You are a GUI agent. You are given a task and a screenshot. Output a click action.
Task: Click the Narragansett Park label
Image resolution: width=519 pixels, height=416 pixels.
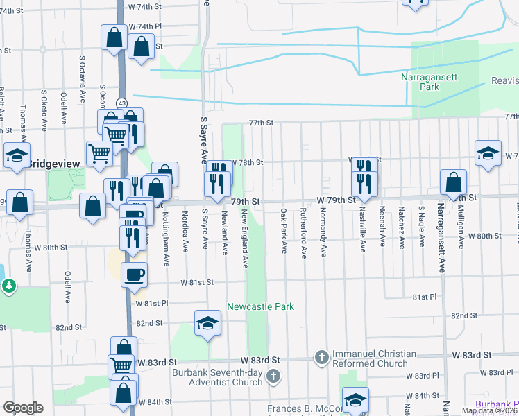[429, 83]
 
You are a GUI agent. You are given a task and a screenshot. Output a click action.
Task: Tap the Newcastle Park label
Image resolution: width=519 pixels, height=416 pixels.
[261, 306]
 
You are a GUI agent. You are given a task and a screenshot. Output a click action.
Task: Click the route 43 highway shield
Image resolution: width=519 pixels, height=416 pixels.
[122, 103]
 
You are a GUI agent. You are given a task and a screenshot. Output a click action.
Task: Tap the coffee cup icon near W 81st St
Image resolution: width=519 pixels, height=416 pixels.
[135, 274]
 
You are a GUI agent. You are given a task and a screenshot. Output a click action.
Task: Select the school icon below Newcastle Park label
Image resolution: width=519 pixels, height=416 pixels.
[207, 324]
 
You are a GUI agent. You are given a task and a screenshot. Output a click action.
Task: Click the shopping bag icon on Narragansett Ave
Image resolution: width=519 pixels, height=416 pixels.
[453, 183]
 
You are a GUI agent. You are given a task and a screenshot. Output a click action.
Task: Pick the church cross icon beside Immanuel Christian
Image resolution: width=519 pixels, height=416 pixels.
[321, 357]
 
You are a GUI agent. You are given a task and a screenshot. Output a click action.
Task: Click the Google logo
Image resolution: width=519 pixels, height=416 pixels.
[23, 408]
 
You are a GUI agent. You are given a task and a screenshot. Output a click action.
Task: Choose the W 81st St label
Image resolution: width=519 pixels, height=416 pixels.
[198, 282]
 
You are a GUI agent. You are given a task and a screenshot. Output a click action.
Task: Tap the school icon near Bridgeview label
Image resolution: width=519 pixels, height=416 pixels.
[17, 156]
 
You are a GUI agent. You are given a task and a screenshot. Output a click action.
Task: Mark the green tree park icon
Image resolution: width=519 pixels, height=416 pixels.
[8, 286]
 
